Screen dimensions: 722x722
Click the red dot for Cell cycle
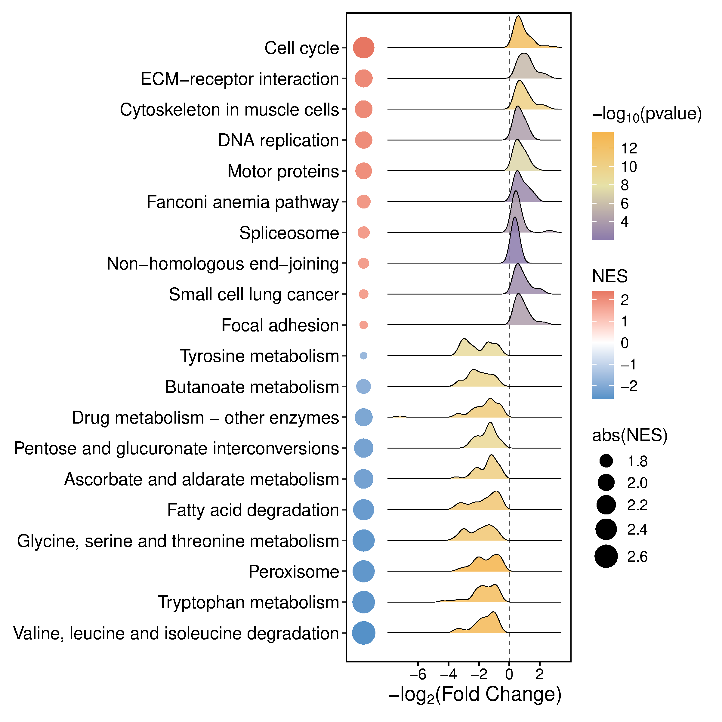(x=363, y=48)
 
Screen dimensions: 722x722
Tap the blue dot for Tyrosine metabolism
(x=363, y=356)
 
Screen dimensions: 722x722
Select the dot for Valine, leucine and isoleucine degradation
(x=363, y=633)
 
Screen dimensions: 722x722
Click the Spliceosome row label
(x=289, y=233)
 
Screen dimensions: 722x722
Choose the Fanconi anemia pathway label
(x=242, y=202)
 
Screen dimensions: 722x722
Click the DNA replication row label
(x=278, y=140)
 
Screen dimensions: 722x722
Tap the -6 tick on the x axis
(x=418, y=674)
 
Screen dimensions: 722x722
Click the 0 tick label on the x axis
(x=509, y=674)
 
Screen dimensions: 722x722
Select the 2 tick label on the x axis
(x=539, y=674)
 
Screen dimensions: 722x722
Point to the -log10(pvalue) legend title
(x=646, y=114)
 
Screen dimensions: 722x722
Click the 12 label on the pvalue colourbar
(x=629, y=149)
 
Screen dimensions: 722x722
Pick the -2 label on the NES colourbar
(x=628, y=386)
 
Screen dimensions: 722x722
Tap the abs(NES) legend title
(x=630, y=435)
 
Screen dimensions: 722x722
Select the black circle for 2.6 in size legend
(x=606, y=557)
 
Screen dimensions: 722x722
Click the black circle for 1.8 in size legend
(x=606, y=461)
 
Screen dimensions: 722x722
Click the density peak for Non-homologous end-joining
(x=515, y=218)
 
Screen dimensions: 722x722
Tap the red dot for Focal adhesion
(x=363, y=325)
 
